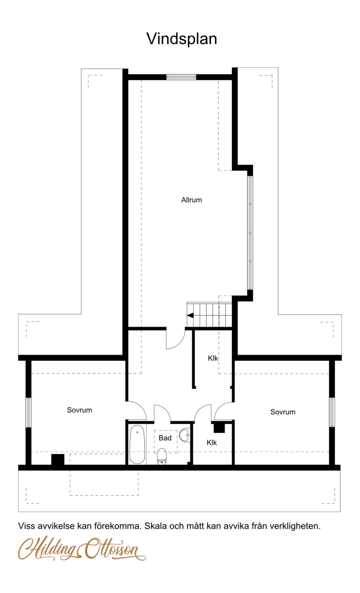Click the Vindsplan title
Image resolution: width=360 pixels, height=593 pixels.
[x=181, y=39]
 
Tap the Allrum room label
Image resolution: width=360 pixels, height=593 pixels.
[x=191, y=200]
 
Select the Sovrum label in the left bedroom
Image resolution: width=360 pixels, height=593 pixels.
[x=80, y=410]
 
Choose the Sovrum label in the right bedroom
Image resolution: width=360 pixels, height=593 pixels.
[x=283, y=412]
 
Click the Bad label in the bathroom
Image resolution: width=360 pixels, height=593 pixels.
[x=165, y=438]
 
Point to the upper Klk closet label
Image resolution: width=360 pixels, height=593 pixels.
[x=213, y=359]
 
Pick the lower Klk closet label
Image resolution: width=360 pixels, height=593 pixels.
[x=211, y=443]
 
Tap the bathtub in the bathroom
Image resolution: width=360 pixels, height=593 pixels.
[x=137, y=445]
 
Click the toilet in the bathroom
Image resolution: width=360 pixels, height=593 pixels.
[x=162, y=456]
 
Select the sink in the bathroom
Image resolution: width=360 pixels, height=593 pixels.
[x=184, y=435]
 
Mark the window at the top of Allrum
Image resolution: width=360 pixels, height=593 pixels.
[x=181, y=77]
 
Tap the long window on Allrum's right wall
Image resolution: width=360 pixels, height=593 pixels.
[x=250, y=232]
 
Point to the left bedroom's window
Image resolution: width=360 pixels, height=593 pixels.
[x=28, y=412]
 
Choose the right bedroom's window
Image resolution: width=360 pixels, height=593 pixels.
[x=332, y=412]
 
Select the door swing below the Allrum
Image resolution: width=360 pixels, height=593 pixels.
[x=175, y=340]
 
